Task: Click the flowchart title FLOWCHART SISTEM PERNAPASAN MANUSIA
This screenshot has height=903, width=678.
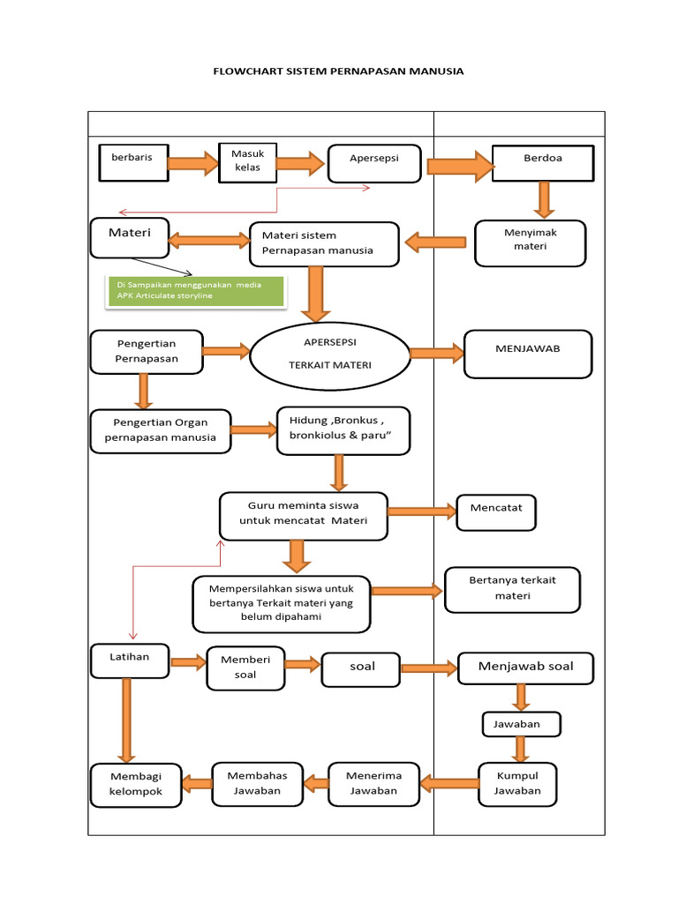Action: click(339, 71)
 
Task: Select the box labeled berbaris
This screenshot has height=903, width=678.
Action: click(132, 162)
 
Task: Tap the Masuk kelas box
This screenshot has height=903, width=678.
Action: click(247, 161)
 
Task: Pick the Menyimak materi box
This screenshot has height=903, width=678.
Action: click(530, 243)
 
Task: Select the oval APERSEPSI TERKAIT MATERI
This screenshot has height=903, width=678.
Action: click(329, 354)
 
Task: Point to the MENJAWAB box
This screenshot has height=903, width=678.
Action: click(528, 353)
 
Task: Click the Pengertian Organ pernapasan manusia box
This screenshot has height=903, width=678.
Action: click(160, 430)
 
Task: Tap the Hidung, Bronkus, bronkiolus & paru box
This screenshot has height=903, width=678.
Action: click(343, 430)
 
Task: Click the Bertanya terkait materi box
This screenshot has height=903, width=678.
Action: click(512, 589)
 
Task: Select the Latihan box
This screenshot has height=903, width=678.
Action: click(130, 660)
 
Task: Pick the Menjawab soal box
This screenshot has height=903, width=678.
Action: click(525, 668)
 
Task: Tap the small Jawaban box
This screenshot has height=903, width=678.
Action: click(522, 724)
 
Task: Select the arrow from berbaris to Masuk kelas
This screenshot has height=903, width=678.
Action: click(192, 162)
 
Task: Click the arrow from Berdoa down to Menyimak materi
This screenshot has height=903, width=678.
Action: click(544, 199)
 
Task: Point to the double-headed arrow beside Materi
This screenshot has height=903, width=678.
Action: click(209, 240)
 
